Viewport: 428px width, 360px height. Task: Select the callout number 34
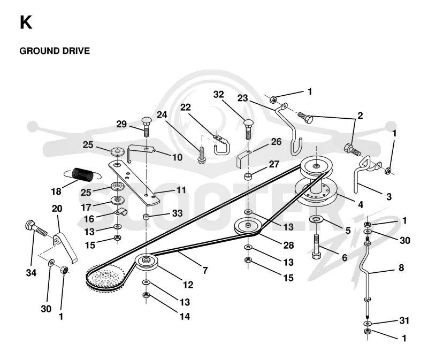coord(31,273)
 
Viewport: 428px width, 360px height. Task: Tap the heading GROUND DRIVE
coord(55,51)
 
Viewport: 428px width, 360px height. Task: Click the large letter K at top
coord(26,22)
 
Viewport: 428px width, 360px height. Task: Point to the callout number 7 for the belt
coord(205,270)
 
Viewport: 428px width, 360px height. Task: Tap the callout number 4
coord(361,204)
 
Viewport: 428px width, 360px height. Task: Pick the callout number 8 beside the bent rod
coord(401,268)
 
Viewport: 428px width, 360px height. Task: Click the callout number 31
coord(404,320)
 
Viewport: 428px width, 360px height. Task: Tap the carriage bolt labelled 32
coord(248,129)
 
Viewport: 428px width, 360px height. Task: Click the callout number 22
coord(186,108)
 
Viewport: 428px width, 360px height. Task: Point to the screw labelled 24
coord(201,155)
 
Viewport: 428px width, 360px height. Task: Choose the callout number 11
coord(181,190)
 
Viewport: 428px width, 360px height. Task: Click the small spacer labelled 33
coord(147,217)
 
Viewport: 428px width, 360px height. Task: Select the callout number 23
coord(242,98)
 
